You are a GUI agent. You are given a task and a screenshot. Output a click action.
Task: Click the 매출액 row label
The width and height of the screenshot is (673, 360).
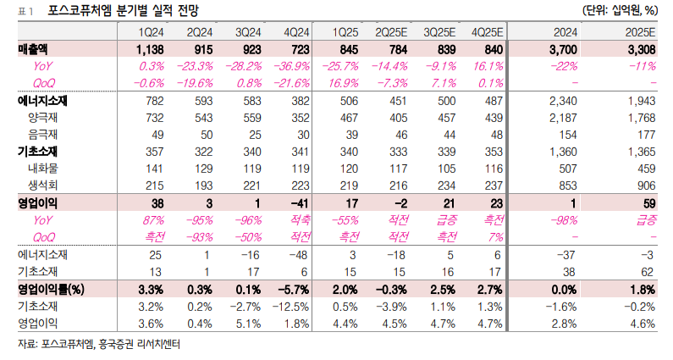pyautogui.click(x=33, y=49)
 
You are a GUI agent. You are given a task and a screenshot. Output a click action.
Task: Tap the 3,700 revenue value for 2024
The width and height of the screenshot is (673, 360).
pyautogui.click(x=564, y=49)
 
